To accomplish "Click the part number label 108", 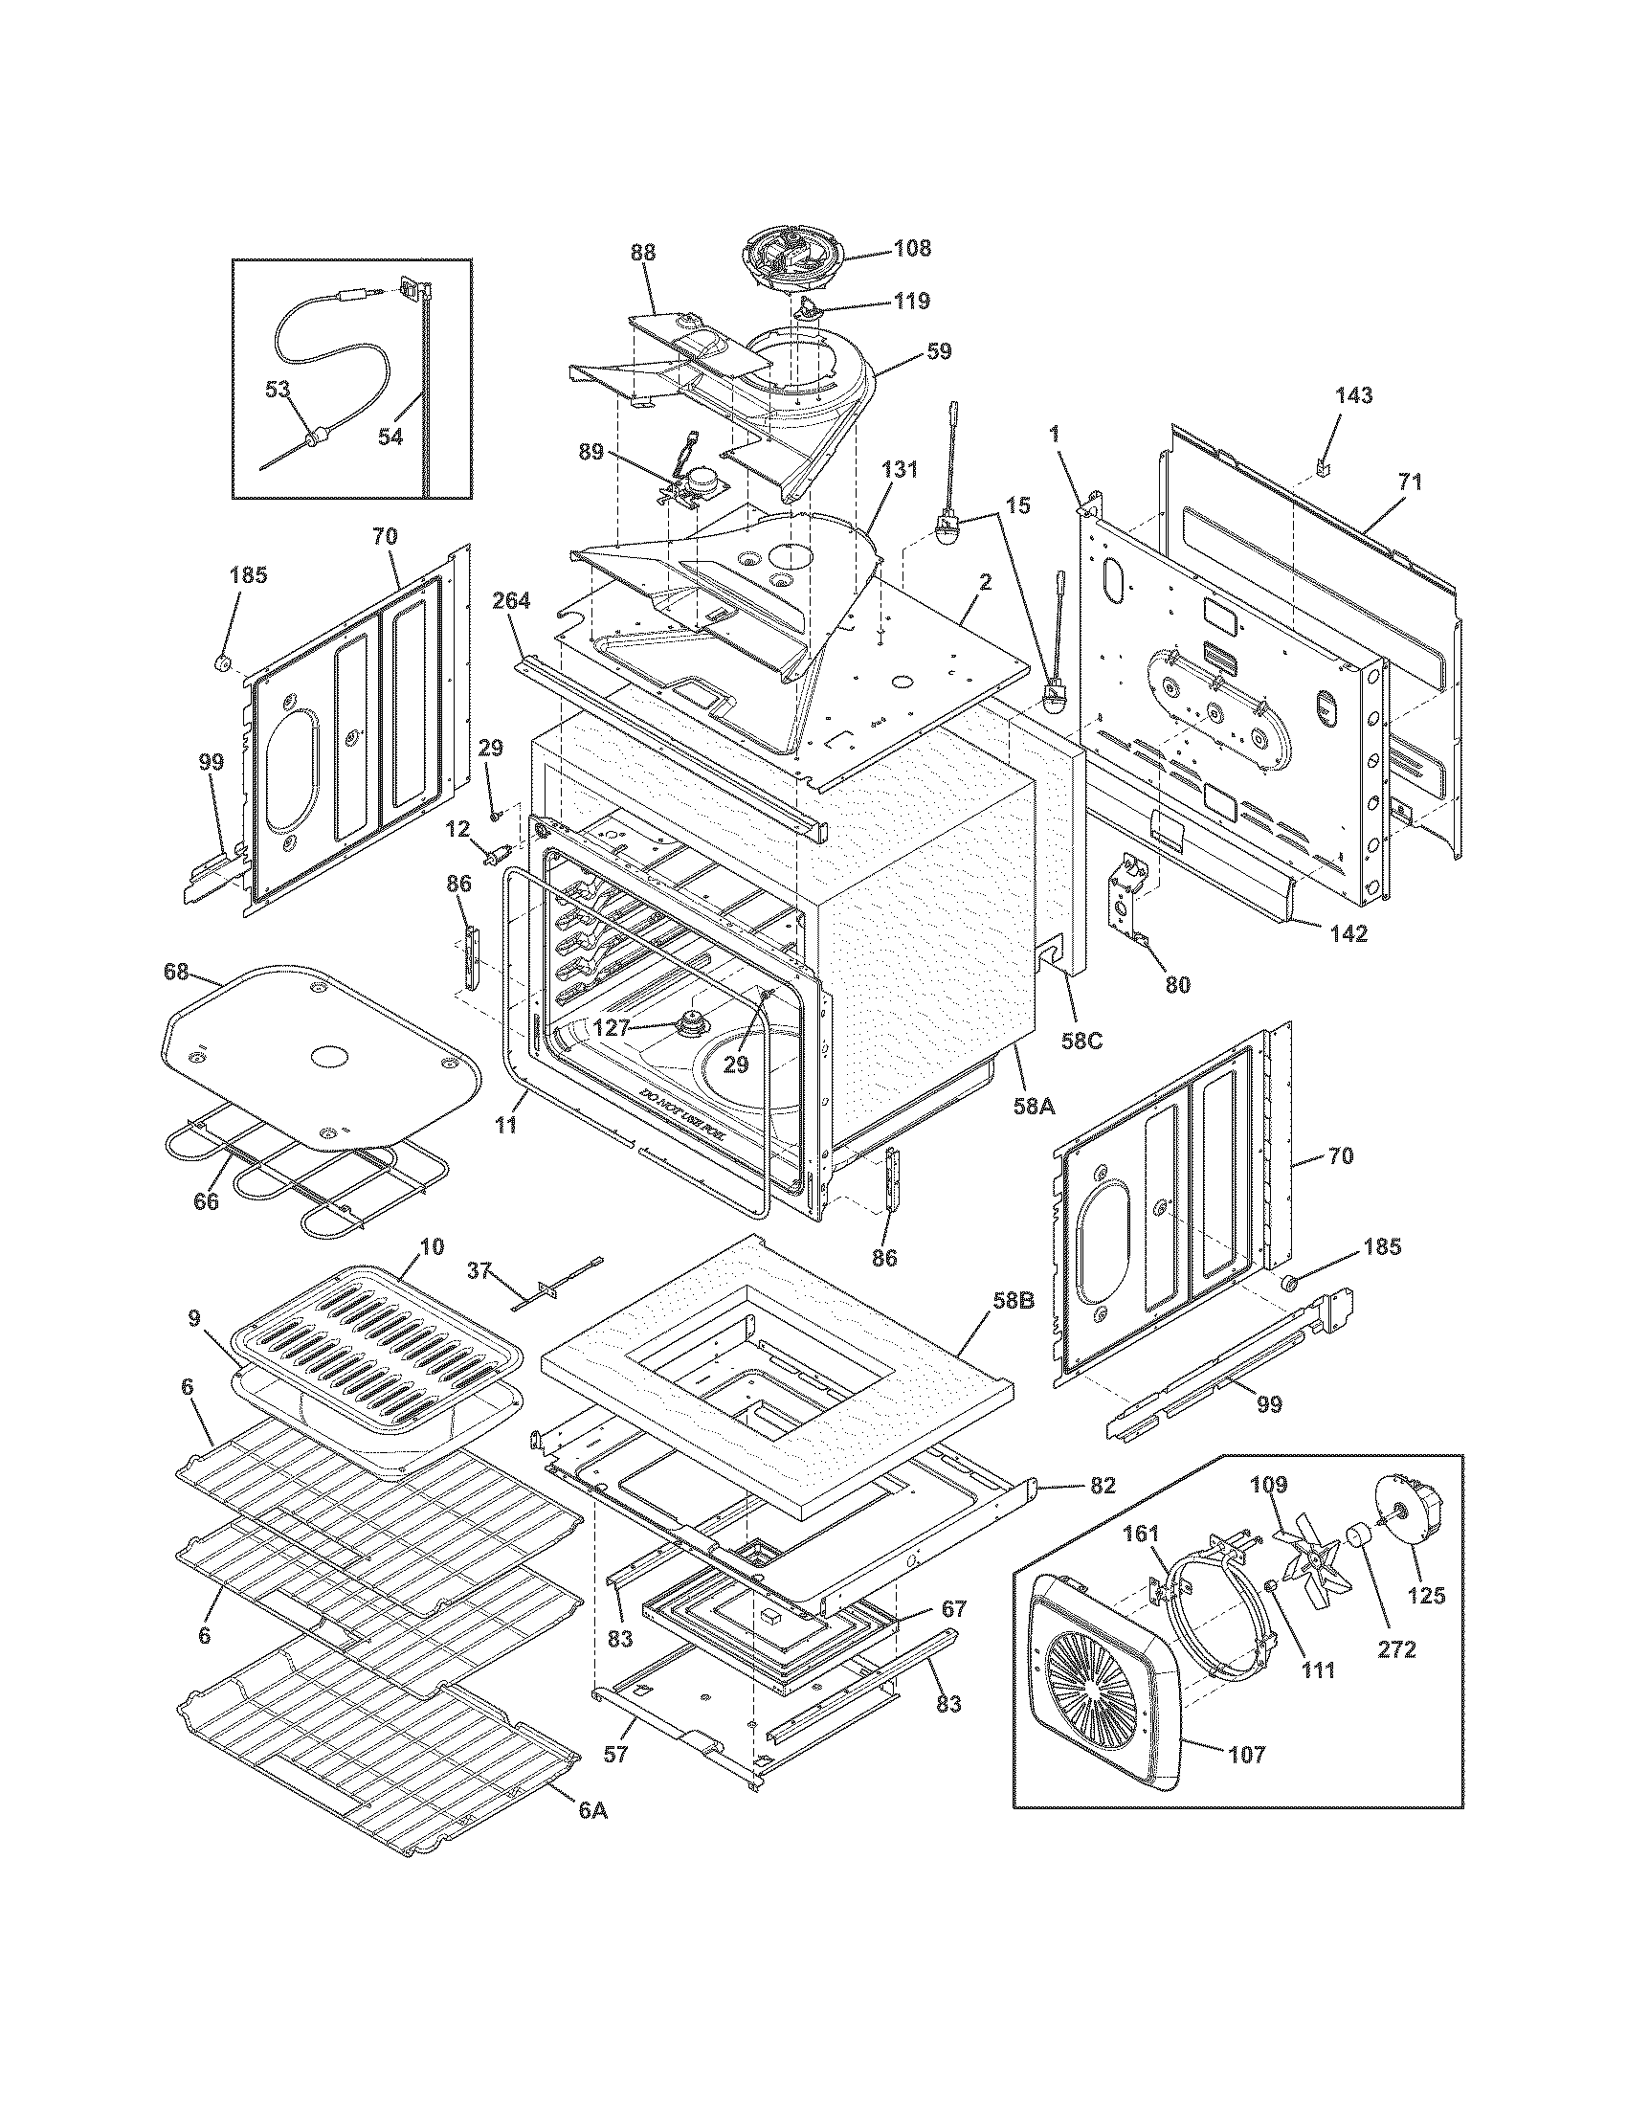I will tap(912, 248).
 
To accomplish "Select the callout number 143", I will tap(1353, 395).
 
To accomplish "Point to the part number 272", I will tap(1396, 1650).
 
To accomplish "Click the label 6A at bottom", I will tap(593, 1810).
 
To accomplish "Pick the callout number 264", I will tap(510, 601).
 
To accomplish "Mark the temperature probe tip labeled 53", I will tap(311, 441).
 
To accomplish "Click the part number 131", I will tap(900, 471).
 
